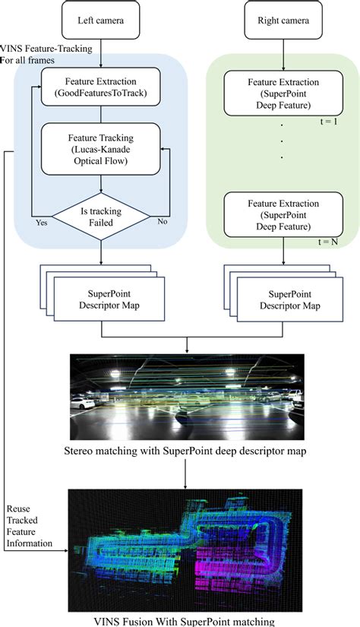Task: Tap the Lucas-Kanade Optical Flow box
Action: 101,150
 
